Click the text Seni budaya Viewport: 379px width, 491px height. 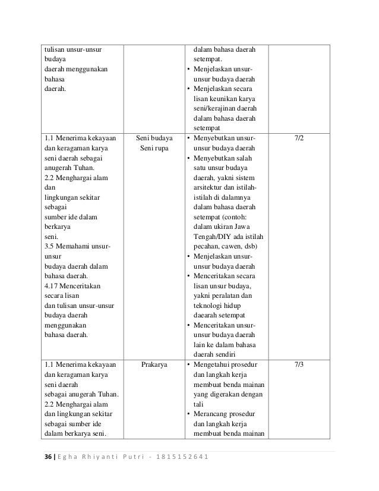pyautogui.click(x=154, y=138)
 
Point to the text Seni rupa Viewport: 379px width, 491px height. pyautogui.click(x=154, y=149)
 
